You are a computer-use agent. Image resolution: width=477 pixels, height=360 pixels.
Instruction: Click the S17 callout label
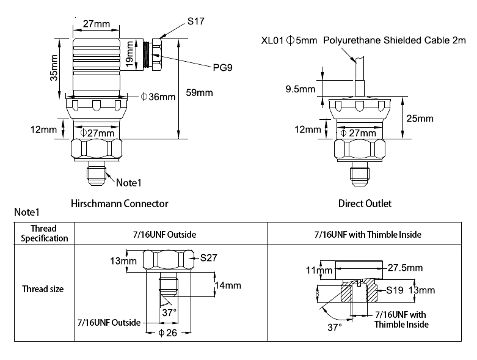tap(195, 21)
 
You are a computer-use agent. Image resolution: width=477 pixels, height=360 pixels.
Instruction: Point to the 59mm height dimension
tap(198, 93)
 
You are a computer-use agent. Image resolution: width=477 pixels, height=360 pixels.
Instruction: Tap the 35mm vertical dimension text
tap(54, 67)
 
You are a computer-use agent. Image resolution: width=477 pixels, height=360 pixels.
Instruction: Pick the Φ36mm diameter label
tap(158, 97)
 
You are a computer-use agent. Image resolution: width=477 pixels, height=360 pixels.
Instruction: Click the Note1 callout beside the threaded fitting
tap(128, 182)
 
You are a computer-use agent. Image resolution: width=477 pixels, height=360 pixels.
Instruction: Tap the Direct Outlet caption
tap(365, 204)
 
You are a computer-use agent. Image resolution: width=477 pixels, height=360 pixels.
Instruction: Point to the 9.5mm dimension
tap(300, 89)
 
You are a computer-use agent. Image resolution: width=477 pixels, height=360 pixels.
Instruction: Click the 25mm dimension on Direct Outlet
tap(420, 118)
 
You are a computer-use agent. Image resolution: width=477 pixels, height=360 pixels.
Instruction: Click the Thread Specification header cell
tap(45, 233)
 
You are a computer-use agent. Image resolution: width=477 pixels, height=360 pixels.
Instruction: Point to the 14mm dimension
tap(228, 285)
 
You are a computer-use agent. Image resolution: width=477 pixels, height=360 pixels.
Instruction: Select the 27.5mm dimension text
tap(405, 267)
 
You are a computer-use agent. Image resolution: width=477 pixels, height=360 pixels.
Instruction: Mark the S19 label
tap(393, 290)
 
